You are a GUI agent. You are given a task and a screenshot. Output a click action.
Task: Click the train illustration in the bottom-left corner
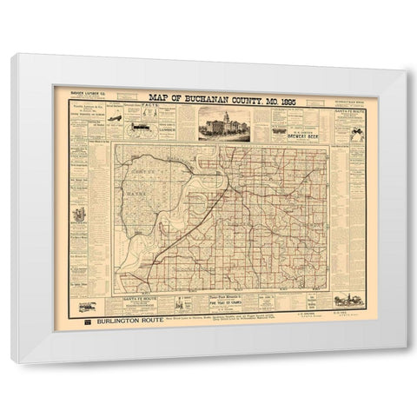click(87, 307)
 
